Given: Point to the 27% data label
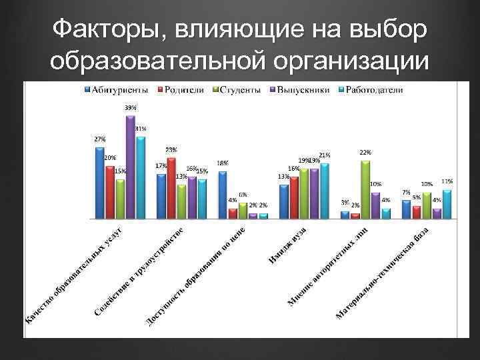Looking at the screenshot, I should click(x=99, y=139).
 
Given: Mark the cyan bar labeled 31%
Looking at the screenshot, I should click(x=141, y=177).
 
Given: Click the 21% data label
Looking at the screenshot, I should click(x=325, y=155).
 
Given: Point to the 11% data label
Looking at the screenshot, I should click(x=447, y=181).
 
